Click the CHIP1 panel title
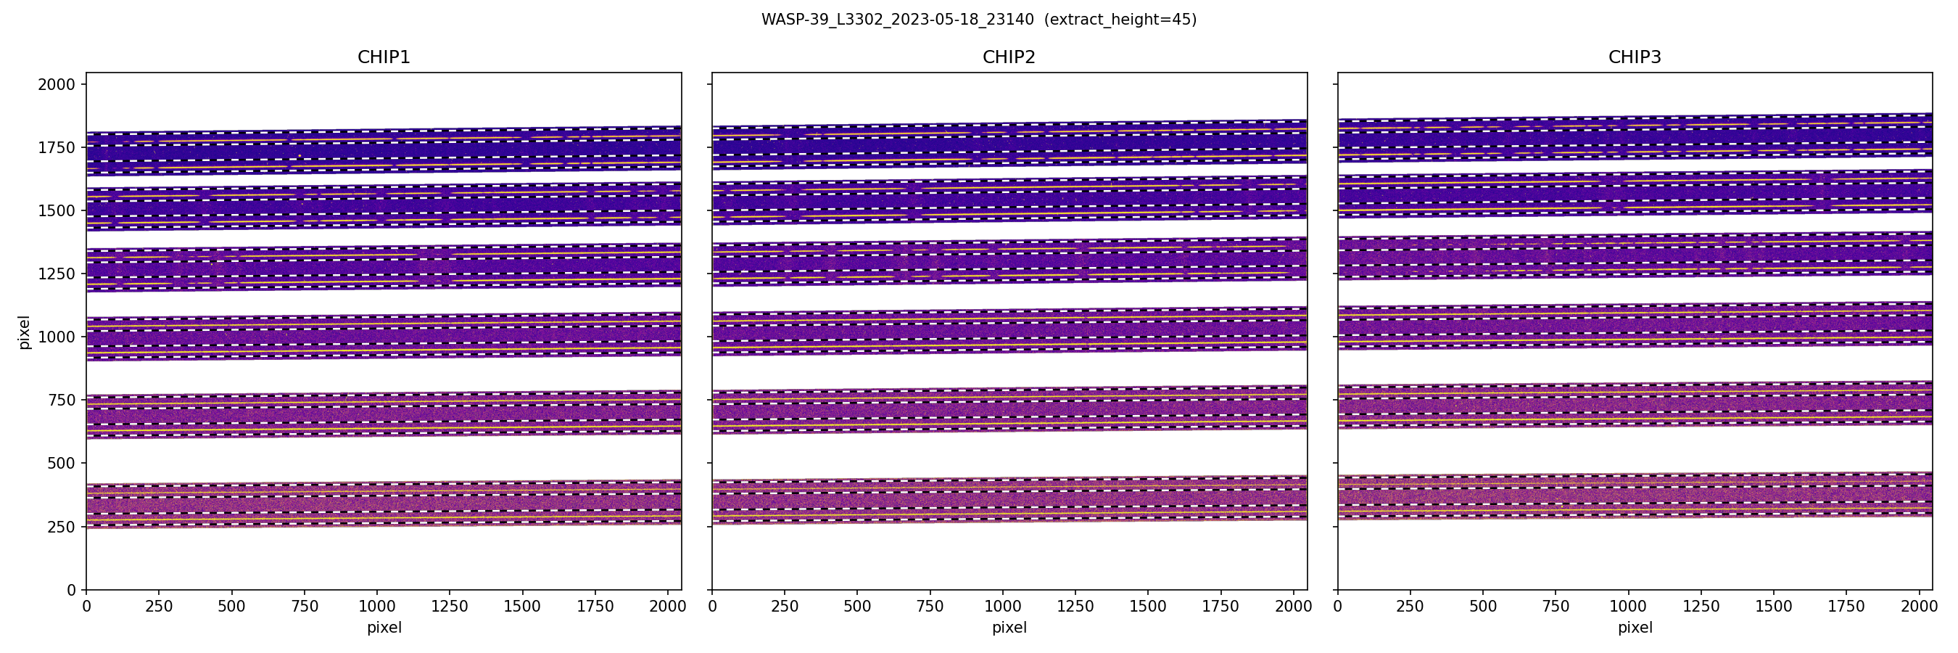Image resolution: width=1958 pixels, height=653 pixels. tap(384, 57)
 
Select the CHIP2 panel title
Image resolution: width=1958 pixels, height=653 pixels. tap(1009, 57)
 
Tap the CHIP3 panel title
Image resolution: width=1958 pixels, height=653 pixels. tap(1634, 57)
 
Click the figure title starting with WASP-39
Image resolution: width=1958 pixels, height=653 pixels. tap(979, 20)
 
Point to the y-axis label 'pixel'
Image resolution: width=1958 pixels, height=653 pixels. tap(25, 332)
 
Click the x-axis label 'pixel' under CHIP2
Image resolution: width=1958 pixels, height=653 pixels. tap(1009, 628)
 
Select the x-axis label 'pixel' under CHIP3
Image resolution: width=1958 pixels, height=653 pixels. tap(1634, 628)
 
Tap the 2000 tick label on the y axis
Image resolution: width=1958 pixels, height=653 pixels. tap(57, 84)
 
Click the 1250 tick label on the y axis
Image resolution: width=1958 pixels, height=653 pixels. tap(57, 274)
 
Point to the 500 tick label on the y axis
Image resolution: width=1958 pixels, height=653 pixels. tap(61, 463)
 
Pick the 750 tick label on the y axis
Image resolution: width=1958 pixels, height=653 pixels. tap(61, 400)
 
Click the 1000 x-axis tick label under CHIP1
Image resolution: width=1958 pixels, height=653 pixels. tap(377, 607)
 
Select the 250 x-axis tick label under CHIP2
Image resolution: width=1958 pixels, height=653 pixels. tap(785, 607)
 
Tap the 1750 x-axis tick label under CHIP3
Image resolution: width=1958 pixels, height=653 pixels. tap(1846, 607)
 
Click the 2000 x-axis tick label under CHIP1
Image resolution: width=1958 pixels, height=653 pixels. tap(667, 607)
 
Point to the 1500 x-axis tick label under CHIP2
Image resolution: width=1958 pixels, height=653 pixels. tap(1148, 607)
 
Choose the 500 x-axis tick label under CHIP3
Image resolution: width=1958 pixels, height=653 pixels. tap(1483, 607)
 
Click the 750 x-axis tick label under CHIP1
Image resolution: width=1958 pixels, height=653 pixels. tap(304, 607)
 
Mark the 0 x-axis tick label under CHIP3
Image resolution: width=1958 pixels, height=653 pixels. tap(1338, 607)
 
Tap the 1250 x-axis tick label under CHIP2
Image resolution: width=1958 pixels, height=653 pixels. tap(1075, 607)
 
